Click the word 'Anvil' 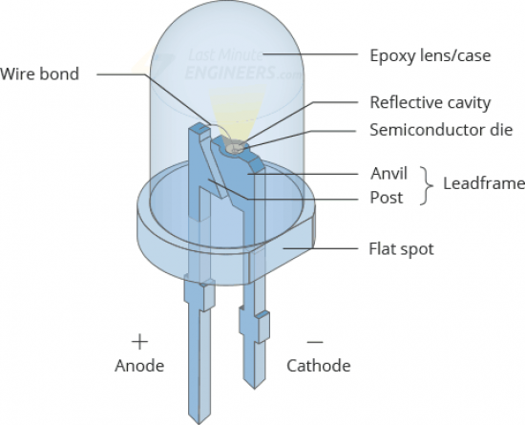tap(388, 174)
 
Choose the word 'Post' tap(387, 198)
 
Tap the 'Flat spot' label tap(402, 249)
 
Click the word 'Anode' tap(139, 366)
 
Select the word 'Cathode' tap(319, 366)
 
